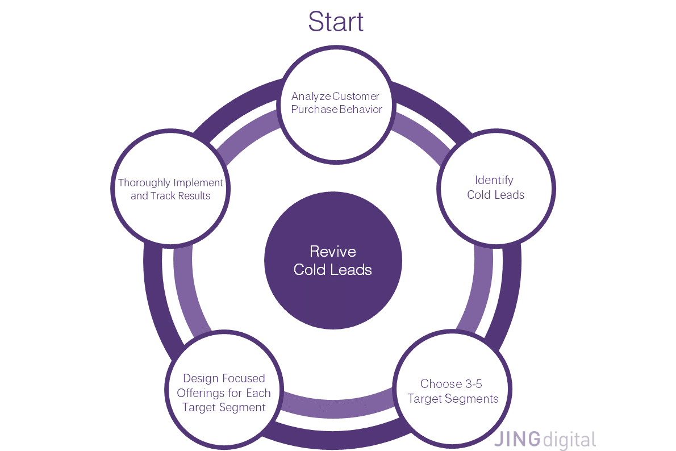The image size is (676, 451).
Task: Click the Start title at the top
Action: pos(336,22)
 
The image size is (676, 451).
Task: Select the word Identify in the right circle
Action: pos(494,180)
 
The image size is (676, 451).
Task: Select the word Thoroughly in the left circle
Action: pos(144,183)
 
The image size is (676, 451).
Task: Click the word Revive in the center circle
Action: pos(333,252)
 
